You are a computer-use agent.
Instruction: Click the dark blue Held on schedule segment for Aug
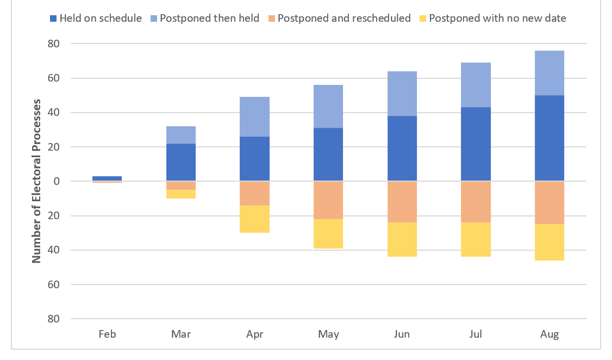point(549,138)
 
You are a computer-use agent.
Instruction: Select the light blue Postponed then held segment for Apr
point(254,116)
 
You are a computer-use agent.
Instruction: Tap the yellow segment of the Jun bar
point(402,239)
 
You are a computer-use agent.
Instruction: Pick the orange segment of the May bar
point(328,200)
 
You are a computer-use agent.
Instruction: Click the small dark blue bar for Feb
point(107,178)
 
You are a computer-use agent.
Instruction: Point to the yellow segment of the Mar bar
point(180,194)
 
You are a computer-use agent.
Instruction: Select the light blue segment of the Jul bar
point(476,85)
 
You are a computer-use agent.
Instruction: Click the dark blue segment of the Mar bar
point(180,162)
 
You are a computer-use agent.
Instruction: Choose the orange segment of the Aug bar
point(549,202)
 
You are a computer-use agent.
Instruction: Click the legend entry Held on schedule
point(96,18)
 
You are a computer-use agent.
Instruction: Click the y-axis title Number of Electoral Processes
point(37,181)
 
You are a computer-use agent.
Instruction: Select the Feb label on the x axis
point(107,334)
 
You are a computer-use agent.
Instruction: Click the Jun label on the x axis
point(402,334)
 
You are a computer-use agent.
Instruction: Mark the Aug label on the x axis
point(549,334)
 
